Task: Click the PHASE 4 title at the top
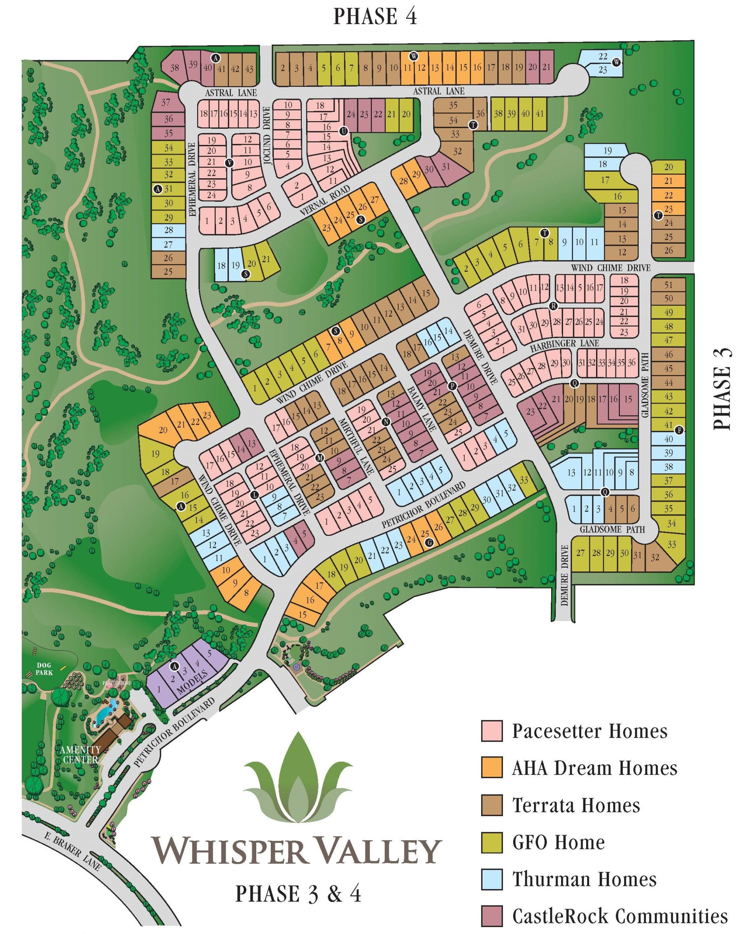(x=375, y=16)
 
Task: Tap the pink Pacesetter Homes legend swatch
(x=491, y=730)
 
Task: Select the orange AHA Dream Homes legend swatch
(x=491, y=767)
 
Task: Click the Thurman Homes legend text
(x=584, y=879)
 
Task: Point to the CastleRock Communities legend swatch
(x=491, y=916)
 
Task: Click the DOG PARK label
(x=44, y=669)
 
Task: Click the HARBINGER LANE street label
(x=564, y=344)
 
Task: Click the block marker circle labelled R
(x=553, y=306)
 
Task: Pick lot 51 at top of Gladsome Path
(x=668, y=285)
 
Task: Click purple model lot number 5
(x=209, y=653)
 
